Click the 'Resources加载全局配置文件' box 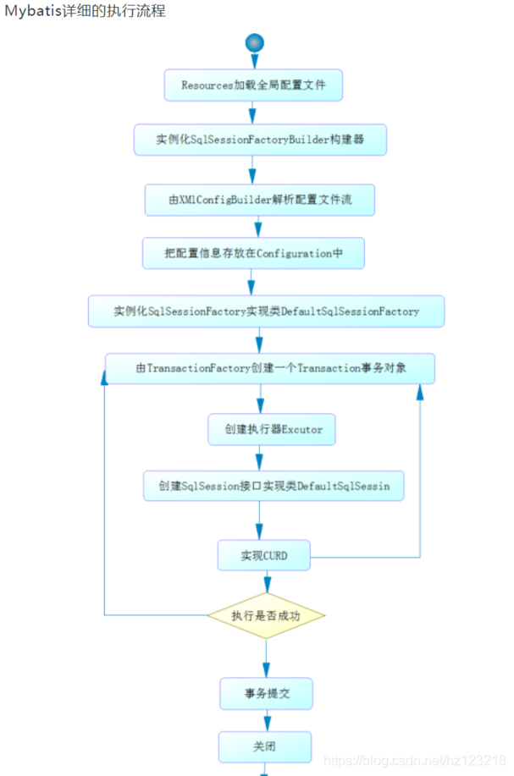tap(253, 85)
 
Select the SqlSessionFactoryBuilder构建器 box tap(260, 140)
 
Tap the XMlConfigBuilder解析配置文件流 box tap(259, 200)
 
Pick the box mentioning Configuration tap(253, 252)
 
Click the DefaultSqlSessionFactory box tap(266, 311)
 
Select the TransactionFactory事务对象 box tap(270, 369)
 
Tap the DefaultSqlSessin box tap(273, 487)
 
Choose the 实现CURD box tap(263, 556)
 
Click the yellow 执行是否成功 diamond tap(266, 615)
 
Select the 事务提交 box tap(267, 694)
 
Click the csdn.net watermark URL tap(415, 762)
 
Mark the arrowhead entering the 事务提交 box tap(266, 670)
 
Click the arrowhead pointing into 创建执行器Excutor tap(261, 405)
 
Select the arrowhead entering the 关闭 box tap(267, 724)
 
